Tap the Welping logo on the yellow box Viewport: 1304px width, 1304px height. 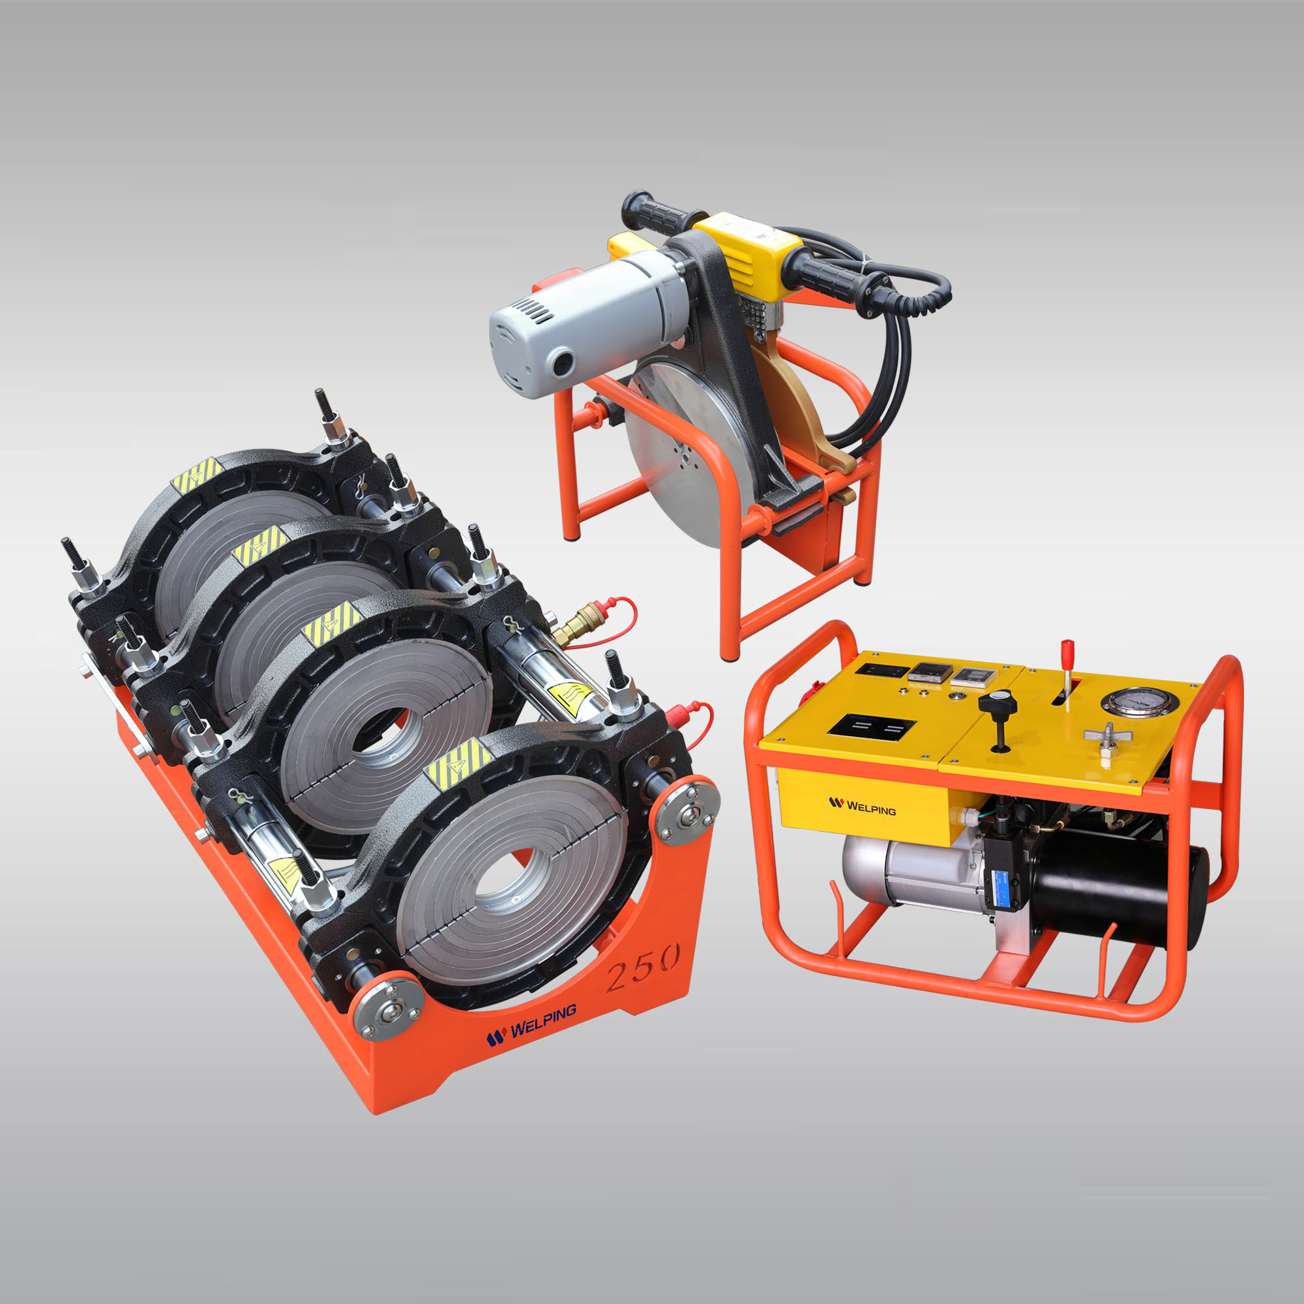coord(862,805)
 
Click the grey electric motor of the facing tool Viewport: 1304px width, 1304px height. coord(580,318)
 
